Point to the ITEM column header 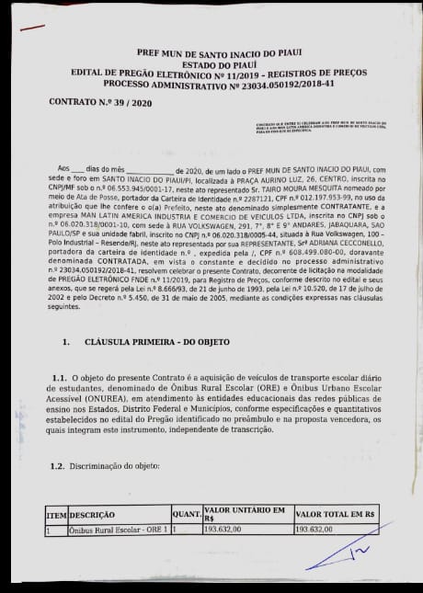(x=56, y=515)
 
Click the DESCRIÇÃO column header (x=92, y=515)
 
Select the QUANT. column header (x=186, y=515)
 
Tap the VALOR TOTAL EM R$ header (x=335, y=515)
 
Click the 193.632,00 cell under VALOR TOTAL (x=314, y=530)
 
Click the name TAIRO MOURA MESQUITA (x=315, y=187)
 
